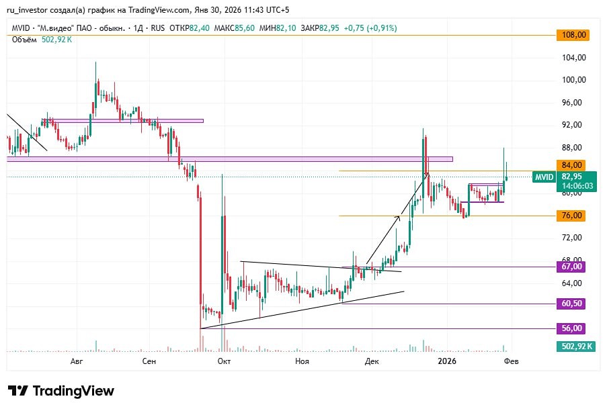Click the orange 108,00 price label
573,35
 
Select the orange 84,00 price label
573,165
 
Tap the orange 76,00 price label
573,216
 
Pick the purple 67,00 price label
573,267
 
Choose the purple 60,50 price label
573,304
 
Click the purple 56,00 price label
573,328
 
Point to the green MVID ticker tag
544,177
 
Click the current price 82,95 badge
577,177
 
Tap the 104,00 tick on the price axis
573,58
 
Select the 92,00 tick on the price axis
573,125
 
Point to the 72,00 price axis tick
573,238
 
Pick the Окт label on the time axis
224,361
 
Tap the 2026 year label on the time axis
447,361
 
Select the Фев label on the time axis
512,361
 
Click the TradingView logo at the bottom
61,391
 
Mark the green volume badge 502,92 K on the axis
576,347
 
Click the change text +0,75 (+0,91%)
370,28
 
